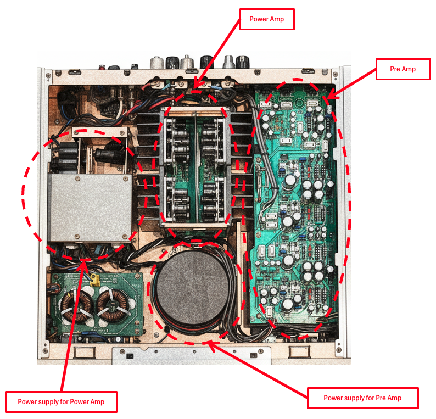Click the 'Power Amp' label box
tap(267, 19)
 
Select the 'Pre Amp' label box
tap(403, 69)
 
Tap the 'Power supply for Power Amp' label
tap(61, 402)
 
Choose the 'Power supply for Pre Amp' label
tap(362, 398)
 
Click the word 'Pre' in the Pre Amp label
tap(395, 69)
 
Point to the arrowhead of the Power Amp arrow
tap(196, 84)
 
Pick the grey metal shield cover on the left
tap(90, 208)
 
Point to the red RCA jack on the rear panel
tap(103, 67)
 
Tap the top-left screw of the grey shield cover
tap(78, 178)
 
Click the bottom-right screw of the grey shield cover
tap(125, 237)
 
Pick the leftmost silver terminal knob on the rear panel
tap(157, 63)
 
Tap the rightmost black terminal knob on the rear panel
tap(243, 62)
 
